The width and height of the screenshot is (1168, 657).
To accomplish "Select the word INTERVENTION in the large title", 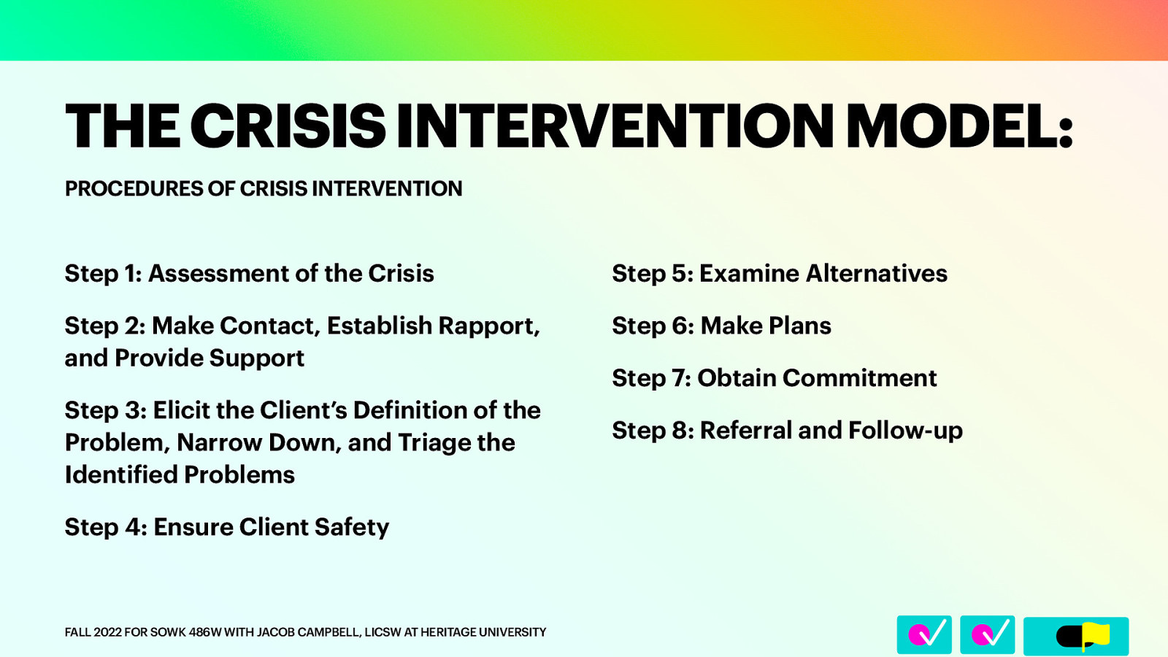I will [x=615, y=126].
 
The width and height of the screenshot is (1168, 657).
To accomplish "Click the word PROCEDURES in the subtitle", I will [x=134, y=188].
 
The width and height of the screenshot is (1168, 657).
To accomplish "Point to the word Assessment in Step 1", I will [x=218, y=274].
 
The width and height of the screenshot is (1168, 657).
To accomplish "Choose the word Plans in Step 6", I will [x=799, y=326].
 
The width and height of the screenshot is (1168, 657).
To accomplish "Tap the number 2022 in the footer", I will [x=107, y=632].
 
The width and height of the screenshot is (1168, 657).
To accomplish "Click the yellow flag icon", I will [x=1095, y=635].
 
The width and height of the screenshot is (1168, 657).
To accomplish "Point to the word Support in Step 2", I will [x=256, y=358].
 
